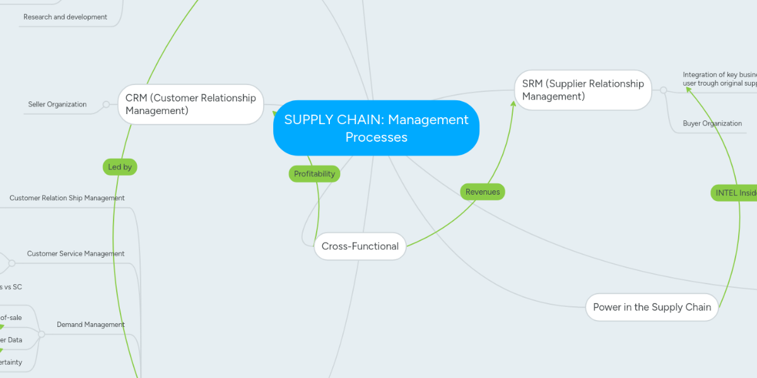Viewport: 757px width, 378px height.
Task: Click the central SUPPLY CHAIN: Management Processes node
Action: tap(376, 128)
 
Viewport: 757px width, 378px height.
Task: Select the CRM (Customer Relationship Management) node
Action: tap(191, 105)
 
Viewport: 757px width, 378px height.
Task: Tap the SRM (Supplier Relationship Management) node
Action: tap(583, 90)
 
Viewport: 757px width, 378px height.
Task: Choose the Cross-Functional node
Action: tap(360, 246)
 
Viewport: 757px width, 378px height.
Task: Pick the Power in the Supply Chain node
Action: tap(652, 307)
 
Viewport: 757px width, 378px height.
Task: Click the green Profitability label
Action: tap(314, 174)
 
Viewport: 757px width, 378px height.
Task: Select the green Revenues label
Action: tap(483, 192)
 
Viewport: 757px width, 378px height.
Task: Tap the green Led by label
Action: tap(120, 167)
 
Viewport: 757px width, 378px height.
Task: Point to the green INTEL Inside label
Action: tap(735, 193)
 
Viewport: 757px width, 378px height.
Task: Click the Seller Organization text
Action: tap(57, 105)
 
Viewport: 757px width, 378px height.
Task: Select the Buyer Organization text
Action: tap(712, 123)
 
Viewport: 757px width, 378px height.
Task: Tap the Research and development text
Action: tap(65, 17)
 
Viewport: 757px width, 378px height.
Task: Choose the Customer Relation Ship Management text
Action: tap(67, 198)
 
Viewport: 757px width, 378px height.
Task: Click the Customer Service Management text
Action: tap(76, 254)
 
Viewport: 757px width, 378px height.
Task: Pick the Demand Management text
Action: tap(91, 325)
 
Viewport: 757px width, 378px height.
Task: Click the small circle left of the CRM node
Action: tap(106, 104)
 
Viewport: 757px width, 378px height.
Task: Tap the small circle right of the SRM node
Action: tap(663, 90)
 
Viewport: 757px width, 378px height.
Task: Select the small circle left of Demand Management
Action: tap(42, 335)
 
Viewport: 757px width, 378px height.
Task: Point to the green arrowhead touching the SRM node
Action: tap(513, 103)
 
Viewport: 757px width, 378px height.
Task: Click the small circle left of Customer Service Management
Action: tap(11, 263)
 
